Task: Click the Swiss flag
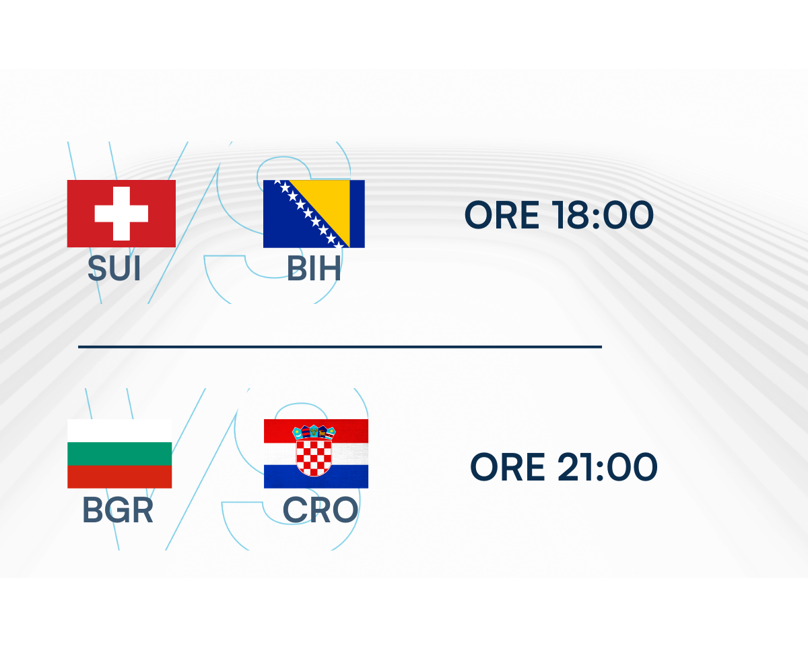pyautogui.click(x=121, y=214)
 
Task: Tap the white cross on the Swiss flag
pyautogui.click(x=121, y=214)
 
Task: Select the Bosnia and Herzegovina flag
pyautogui.click(x=314, y=214)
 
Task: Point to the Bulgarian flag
pyautogui.click(x=119, y=454)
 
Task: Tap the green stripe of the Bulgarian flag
pyautogui.click(x=119, y=454)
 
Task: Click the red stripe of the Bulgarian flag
pyautogui.click(x=119, y=476)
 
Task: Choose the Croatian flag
pyautogui.click(x=316, y=454)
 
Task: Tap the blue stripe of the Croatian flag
pyautogui.click(x=316, y=476)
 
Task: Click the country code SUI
pyautogui.click(x=114, y=268)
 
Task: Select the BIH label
pyautogui.click(x=314, y=268)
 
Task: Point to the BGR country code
pyautogui.click(x=118, y=510)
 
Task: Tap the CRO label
pyautogui.click(x=321, y=510)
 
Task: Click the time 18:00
pyautogui.click(x=603, y=215)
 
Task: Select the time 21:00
pyautogui.click(x=607, y=466)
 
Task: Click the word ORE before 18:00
pyautogui.click(x=502, y=215)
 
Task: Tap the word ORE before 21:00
pyautogui.click(x=507, y=466)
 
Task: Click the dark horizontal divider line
pyautogui.click(x=340, y=346)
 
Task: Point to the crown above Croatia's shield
pyautogui.click(x=314, y=432)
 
